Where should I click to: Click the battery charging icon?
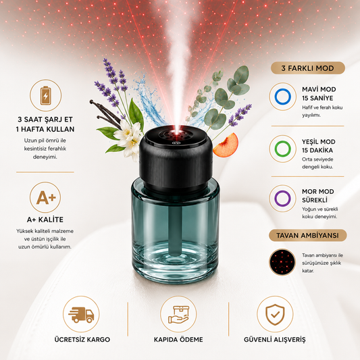pos(46,95)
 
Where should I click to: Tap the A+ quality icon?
pos(46,197)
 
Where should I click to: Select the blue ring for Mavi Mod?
pos(282,97)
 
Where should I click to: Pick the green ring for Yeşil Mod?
pos(282,149)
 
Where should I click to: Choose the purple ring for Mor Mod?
pos(282,199)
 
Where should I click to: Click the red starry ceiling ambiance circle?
pos(282,262)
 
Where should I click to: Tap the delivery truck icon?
pos(81,315)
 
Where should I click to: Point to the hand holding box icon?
pos(178,314)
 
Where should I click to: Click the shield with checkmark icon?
pos(275,315)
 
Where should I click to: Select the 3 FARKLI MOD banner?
pos(307,68)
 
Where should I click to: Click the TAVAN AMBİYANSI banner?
pos(307,235)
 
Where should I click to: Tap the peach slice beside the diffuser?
pos(226,145)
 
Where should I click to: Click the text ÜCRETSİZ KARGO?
pos(82,339)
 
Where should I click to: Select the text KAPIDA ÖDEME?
pos(178,340)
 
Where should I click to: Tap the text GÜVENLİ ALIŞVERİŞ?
pos(275,340)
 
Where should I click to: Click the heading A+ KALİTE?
pos(45,220)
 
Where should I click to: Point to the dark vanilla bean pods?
pos(105,113)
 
